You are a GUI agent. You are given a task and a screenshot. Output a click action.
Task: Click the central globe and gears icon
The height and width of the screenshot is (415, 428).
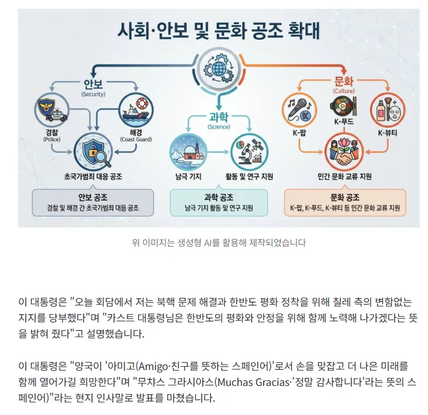[219, 69]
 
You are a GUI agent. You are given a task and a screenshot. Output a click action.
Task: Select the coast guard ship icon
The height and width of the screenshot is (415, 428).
[136, 110]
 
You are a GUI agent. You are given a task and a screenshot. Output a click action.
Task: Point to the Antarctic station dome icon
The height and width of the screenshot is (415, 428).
[188, 152]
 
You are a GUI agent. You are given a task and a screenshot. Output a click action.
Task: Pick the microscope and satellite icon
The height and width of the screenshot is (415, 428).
[249, 152]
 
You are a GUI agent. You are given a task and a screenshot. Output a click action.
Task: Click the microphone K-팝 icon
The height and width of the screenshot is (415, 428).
[299, 110]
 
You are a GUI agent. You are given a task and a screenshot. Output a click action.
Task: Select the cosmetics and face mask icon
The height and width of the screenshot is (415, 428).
[387, 110]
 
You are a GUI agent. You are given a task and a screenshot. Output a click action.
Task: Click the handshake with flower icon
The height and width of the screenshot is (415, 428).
[344, 152]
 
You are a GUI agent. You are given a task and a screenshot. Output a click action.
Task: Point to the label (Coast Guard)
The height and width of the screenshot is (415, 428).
[136, 139]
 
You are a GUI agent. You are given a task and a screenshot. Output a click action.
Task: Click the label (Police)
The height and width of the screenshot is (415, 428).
[52, 139]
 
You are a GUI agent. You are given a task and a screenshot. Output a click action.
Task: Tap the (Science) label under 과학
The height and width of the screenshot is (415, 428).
[219, 127]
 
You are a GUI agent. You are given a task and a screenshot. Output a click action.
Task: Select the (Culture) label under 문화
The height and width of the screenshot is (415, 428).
[344, 91]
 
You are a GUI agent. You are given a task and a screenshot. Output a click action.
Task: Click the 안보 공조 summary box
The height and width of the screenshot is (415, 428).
[93, 203]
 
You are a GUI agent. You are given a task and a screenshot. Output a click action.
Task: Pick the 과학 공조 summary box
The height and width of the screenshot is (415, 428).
[219, 203]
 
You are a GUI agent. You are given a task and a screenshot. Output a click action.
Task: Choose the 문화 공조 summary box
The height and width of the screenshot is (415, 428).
[345, 203]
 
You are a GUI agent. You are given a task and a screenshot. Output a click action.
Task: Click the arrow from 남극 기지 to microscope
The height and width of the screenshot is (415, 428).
[219, 152]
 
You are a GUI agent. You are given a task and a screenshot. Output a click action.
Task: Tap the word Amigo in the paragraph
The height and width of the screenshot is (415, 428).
[153, 366]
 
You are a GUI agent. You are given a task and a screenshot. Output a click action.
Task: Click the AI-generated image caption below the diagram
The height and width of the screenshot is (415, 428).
[219, 243]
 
